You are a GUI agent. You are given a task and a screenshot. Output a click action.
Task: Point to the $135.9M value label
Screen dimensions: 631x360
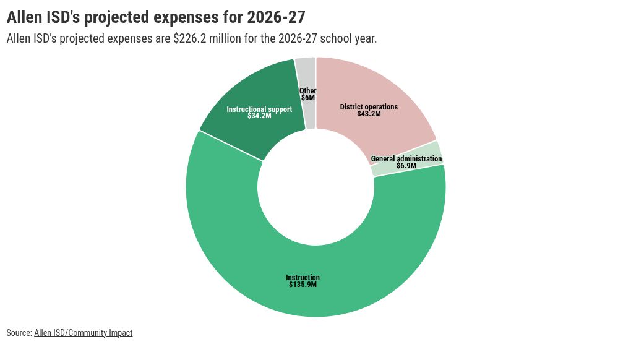click(303, 285)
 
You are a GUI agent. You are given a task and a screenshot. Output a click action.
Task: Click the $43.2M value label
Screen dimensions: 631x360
click(369, 114)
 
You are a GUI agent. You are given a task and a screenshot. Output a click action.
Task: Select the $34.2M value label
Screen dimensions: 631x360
click(259, 116)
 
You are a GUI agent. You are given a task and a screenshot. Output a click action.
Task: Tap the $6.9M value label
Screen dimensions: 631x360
click(406, 166)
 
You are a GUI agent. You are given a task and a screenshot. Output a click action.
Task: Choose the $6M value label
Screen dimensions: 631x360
click(308, 98)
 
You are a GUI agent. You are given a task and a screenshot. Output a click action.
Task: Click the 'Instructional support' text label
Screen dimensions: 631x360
click(259, 109)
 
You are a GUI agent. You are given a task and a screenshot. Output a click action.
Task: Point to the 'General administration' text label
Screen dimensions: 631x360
click(406, 159)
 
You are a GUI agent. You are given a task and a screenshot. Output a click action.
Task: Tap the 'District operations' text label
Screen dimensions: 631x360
click(369, 107)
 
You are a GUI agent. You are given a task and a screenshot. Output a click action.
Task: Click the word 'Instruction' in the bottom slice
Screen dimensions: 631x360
click(303, 278)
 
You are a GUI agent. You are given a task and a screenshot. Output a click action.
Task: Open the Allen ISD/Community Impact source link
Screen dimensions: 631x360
click(84, 333)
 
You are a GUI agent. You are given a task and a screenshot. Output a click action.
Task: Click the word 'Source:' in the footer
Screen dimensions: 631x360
click(19, 333)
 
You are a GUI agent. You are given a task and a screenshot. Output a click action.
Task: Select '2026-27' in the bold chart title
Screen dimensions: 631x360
click(276, 17)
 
